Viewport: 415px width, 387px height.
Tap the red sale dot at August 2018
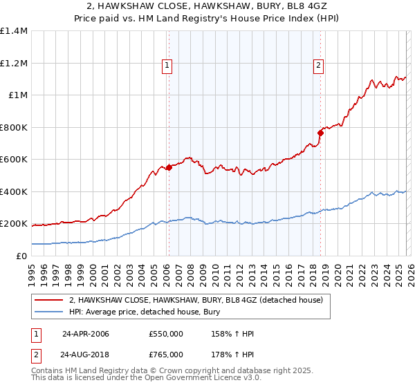pyautogui.click(x=320, y=132)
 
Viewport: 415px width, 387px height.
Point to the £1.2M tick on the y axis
pyautogui.click(x=14, y=63)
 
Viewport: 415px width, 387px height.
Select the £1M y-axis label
pyautogui.click(x=17, y=95)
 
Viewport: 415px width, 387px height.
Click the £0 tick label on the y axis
pyautogui.click(x=21, y=256)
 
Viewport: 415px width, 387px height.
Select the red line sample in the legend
pyautogui.click(x=48, y=299)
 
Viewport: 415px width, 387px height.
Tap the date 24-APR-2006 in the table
pyautogui.click(x=85, y=334)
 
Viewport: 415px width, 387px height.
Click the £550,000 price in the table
pyautogui.click(x=165, y=334)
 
